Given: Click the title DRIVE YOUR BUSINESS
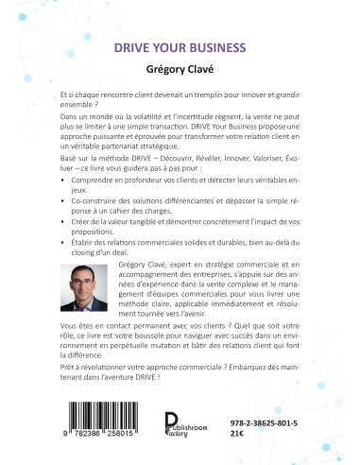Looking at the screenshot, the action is pyautogui.click(x=180, y=45).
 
